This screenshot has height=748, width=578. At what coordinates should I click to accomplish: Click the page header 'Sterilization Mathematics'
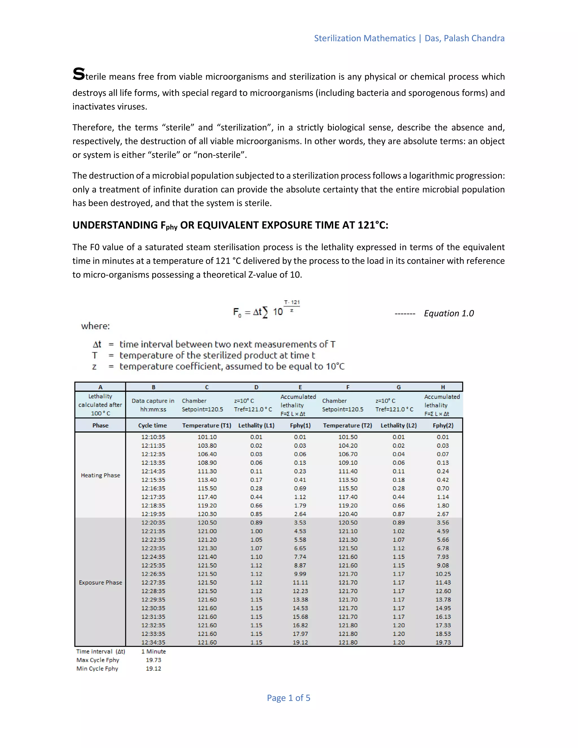click(x=364, y=38)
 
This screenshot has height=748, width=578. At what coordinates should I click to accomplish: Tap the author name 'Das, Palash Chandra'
click(x=464, y=38)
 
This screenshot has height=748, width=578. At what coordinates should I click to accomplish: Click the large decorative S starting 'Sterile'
click(x=78, y=74)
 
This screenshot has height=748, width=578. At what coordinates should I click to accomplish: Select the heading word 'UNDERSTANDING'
click(x=115, y=225)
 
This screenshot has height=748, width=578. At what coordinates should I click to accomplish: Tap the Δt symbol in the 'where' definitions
click(x=97, y=344)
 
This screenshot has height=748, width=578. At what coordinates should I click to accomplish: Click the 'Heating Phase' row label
click(x=100, y=475)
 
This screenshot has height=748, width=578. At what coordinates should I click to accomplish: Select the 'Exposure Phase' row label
click(x=100, y=583)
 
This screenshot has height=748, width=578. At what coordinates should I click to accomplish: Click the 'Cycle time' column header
click(x=152, y=425)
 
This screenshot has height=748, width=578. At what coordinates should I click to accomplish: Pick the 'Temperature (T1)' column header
click(x=207, y=425)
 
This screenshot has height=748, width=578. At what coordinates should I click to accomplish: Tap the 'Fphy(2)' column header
click(x=443, y=425)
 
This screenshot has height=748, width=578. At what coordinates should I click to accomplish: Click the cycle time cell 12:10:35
click(x=153, y=437)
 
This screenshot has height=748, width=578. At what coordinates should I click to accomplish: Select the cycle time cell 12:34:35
click(x=153, y=642)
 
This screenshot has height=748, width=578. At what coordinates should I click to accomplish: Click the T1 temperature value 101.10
click(x=207, y=437)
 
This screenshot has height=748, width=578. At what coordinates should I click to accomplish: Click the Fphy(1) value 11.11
click(x=300, y=583)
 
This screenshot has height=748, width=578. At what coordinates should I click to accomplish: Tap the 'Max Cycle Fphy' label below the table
click(x=98, y=660)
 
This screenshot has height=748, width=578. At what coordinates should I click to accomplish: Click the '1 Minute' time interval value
click(x=154, y=651)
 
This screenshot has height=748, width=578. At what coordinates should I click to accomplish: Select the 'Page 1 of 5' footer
click(x=288, y=698)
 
